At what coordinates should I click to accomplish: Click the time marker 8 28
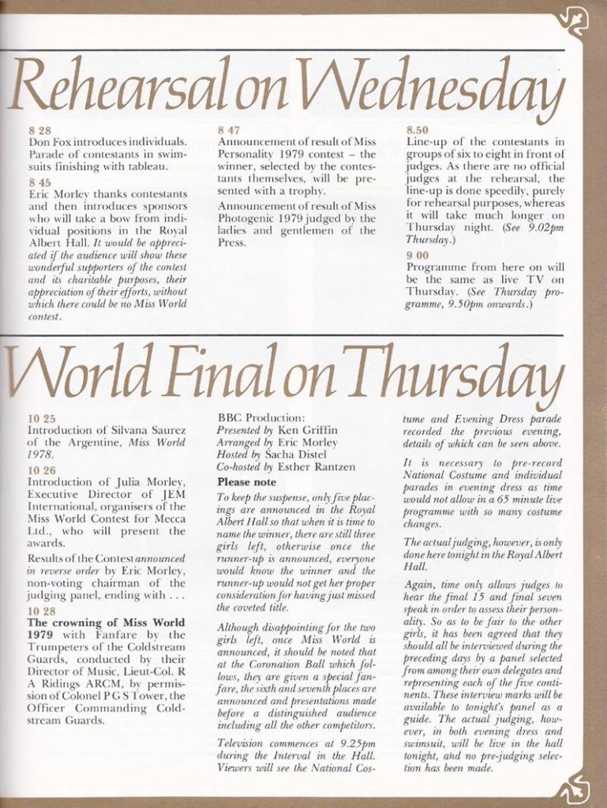[39, 130]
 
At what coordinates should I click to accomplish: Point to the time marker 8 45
[39, 181]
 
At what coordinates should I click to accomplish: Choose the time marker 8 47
[229, 130]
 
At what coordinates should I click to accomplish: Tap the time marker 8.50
[418, 130]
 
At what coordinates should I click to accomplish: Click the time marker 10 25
[42, 418]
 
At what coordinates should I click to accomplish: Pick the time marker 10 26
[42, 469]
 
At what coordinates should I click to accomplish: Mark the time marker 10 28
[42, 611]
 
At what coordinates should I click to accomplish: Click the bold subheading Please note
[246, 481]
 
